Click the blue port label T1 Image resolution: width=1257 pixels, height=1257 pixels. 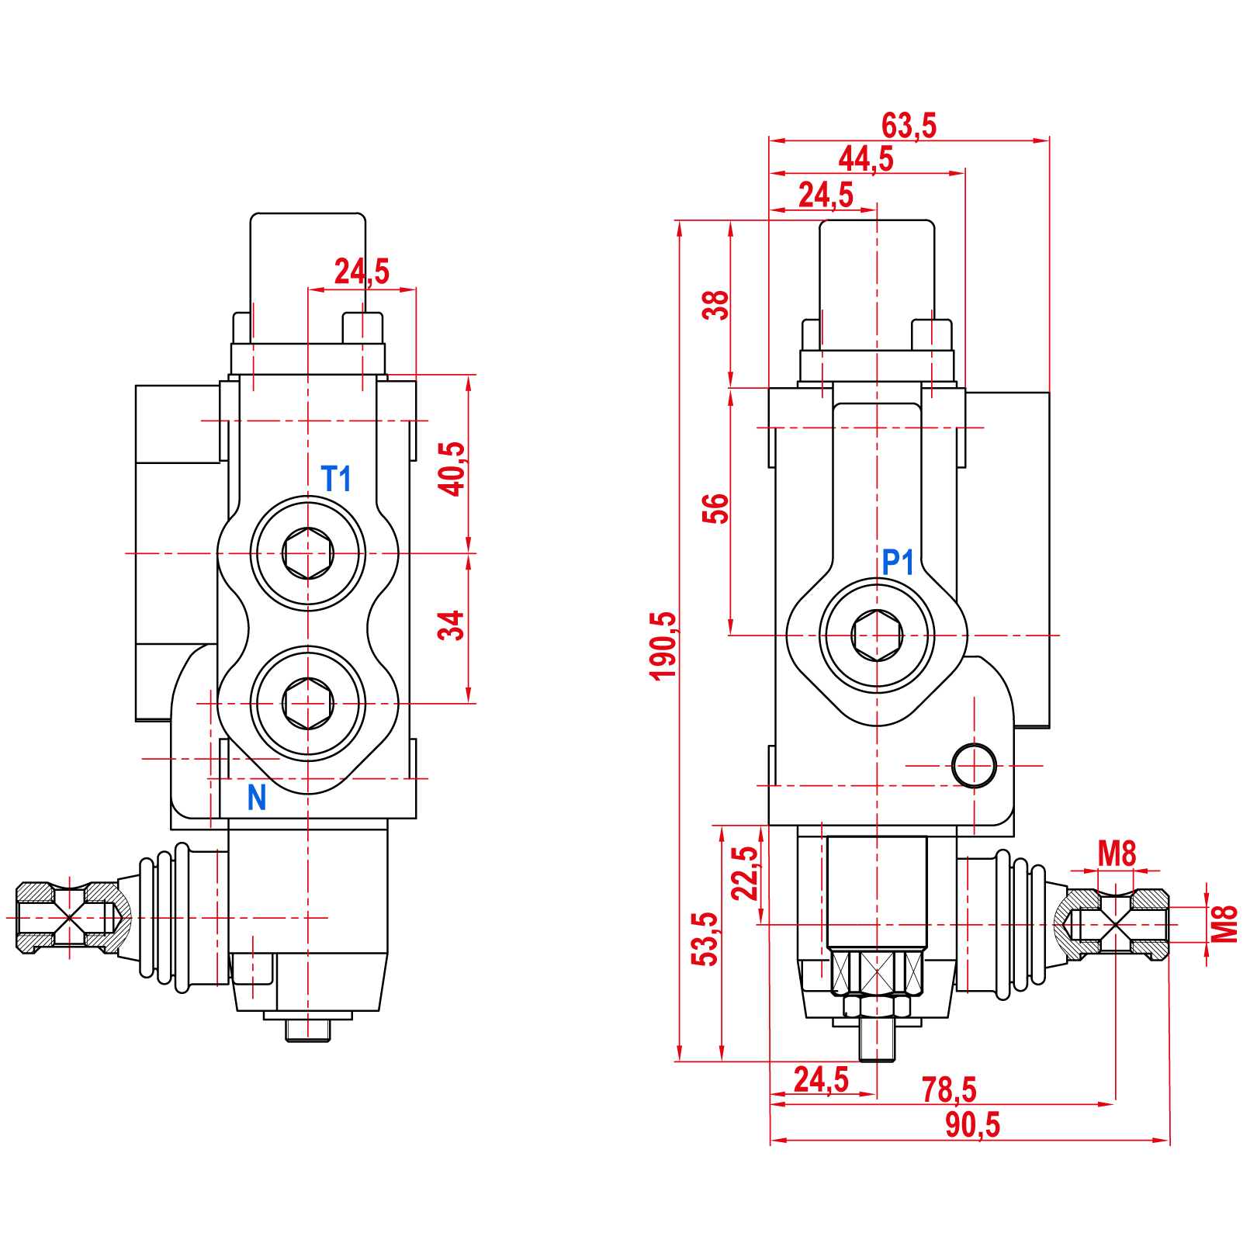coord(336,479)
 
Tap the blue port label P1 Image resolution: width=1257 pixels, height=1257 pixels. coord(898,562)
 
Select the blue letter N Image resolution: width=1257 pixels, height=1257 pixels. coord(257,798)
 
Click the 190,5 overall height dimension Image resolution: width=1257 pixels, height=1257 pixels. coord(664,646)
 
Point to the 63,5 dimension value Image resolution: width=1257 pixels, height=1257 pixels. coord(909,126)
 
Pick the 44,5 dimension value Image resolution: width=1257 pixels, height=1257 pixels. coord(866,159)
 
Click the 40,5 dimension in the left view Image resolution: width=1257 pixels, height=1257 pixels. coord(452,469)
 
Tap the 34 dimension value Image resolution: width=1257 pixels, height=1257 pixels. coord(452,625)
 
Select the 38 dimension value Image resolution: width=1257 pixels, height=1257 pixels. coord(715,305)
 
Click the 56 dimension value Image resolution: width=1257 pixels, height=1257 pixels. coord(715,508)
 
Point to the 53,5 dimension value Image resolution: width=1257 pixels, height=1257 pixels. coord(705,939)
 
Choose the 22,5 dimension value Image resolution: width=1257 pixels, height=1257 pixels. coord(745,873)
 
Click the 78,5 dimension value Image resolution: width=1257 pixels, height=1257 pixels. coord(948,1090)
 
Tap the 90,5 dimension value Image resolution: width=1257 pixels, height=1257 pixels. coord(972,1125)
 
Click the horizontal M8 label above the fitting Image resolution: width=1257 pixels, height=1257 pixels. coord(1117,854)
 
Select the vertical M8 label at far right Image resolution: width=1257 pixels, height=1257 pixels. coord(1225,924)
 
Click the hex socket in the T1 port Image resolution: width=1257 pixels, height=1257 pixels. coord(308,553)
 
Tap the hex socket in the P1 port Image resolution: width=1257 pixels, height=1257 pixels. coord(877,635)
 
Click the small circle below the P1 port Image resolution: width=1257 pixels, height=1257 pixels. coord(974,766)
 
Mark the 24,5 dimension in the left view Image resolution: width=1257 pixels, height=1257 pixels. coord(362,272)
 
